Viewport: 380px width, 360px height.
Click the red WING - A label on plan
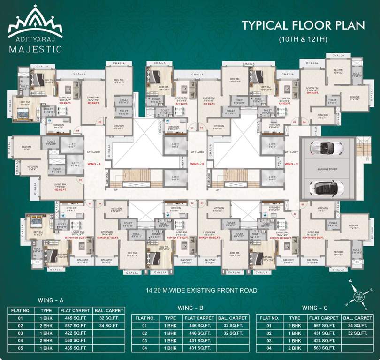pos(94,164)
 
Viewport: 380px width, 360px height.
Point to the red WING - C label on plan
pos(291,164)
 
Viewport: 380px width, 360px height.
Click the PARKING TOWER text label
pos(327,169)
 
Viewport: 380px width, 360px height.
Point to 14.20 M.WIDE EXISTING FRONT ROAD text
pos(201,290)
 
